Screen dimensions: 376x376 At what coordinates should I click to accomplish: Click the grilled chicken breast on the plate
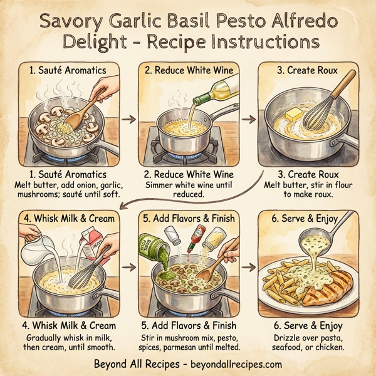coord(329,291)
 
